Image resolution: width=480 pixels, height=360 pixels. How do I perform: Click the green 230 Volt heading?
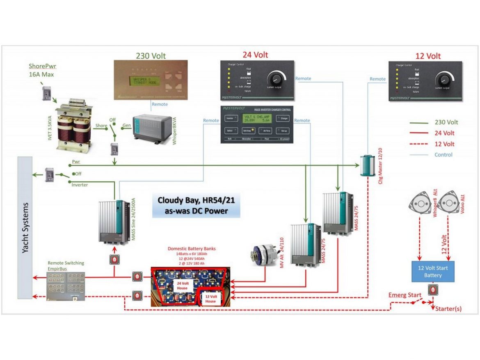pos(151,56)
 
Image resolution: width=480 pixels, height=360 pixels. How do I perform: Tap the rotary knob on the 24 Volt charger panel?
pos(277,78)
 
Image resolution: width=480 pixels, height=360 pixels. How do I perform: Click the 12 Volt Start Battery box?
pos(433,271)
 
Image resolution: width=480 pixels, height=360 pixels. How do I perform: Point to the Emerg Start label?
pos(404,295)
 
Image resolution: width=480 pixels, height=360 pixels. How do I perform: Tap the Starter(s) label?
pos(448,308)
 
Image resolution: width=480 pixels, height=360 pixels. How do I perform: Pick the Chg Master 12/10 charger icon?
pos(367,165)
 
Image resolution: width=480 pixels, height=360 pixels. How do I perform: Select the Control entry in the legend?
pos(443,155)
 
